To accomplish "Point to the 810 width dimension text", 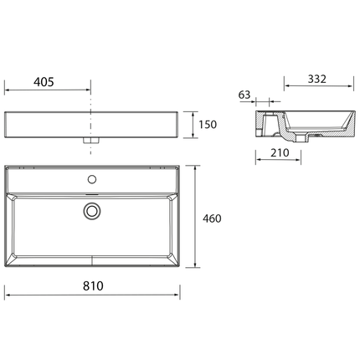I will [92, 286].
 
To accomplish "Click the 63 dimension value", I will [244, 95].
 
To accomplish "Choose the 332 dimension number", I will [315, 79].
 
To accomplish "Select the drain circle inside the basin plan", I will [92, 211].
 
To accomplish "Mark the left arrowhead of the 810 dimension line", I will [8, 295].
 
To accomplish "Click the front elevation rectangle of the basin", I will [92, 124].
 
